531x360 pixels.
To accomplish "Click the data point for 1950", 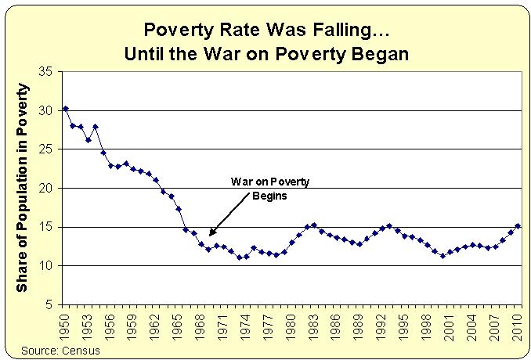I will tap(65, 108).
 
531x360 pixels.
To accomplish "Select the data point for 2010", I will tap(518, 226).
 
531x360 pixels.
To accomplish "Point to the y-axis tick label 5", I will tap(49, 304).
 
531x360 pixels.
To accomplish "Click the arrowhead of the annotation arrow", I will tap(211, 234).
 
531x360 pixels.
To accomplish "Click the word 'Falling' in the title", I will tap(313, 33).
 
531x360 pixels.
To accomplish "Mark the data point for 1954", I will tap(96, 126).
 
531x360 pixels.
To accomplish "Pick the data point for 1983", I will tap(314, 225).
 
